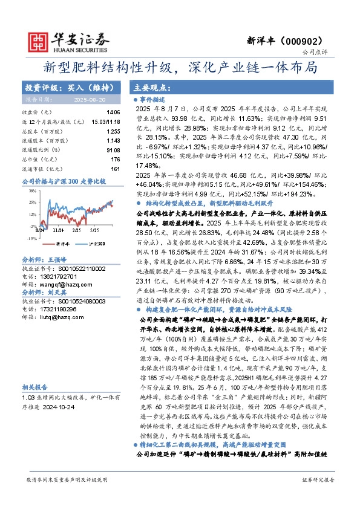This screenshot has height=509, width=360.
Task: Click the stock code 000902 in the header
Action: coord(306,41)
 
